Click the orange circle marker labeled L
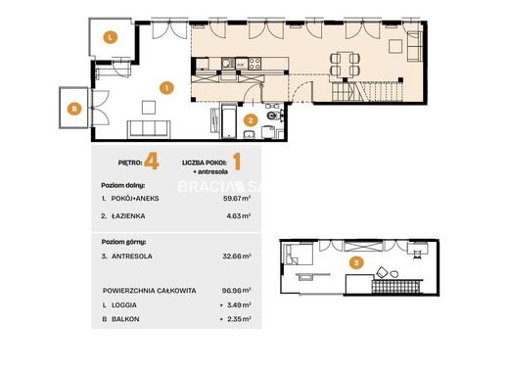click(x=111, y=37)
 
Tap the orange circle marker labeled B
click(x=74, y=109)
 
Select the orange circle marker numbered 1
click(x=166, y=88)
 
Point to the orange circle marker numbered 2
click(x=251, y=120)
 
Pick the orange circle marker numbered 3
click(x=356, y=262)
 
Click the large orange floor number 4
click(x=152, y=162)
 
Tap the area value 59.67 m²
click(x=237, y=198)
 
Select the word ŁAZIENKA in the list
click(x=128, y=215)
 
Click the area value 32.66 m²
click(x=237, y=256)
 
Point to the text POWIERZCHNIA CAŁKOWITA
click(x=150, y=291)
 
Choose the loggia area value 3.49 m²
click(x=239, y=305)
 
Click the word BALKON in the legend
click(x=125, y=319)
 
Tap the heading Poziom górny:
click(x=123, y=242)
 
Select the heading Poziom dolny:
click(x=123, y=186)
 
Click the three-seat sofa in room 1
click(x=149, y=129)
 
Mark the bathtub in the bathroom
click(x=229, y=121)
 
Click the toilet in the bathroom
click(x=273, y=116)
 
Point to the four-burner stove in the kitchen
click(x=254, y=64)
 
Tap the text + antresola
click(x=210, y=172)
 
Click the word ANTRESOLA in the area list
click(x=132, y=256)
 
